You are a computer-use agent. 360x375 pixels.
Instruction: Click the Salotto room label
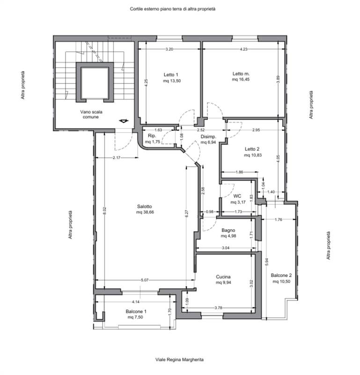tap(144, 206)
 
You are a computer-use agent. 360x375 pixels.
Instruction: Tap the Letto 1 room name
tap(171, 75)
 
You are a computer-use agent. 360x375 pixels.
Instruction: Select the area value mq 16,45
tap(241, 79)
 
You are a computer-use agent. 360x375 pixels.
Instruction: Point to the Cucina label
tap(223, 277)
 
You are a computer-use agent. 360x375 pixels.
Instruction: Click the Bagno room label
tap(228, 230)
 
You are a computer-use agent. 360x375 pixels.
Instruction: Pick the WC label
tap(237, 196)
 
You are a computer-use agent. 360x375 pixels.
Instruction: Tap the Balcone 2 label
tap(281, 275)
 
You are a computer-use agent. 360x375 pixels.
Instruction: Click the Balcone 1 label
tap(136, 311)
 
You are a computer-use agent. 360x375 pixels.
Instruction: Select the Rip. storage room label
tap(152, 136)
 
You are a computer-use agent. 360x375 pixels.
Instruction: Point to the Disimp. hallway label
tap(208, 137)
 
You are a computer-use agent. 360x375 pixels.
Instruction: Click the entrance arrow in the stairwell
tap(124, 121)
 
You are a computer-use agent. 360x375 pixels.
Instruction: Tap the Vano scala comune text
tap(91, 114)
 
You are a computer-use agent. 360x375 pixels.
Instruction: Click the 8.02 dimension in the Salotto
tap(105, 210)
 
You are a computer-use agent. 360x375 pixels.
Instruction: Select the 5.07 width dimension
tap(145, 280)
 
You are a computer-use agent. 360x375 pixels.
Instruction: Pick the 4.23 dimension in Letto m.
tap(243, 49)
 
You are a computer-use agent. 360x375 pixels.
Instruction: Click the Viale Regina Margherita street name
tap(179, 360)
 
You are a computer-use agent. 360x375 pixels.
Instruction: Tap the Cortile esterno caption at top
tap(172, 9)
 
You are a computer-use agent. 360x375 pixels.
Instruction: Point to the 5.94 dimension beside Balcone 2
tap(267, 262)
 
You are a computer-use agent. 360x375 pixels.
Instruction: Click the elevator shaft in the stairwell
tap(95, 82)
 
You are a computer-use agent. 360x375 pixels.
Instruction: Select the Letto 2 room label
tap(252, 149)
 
